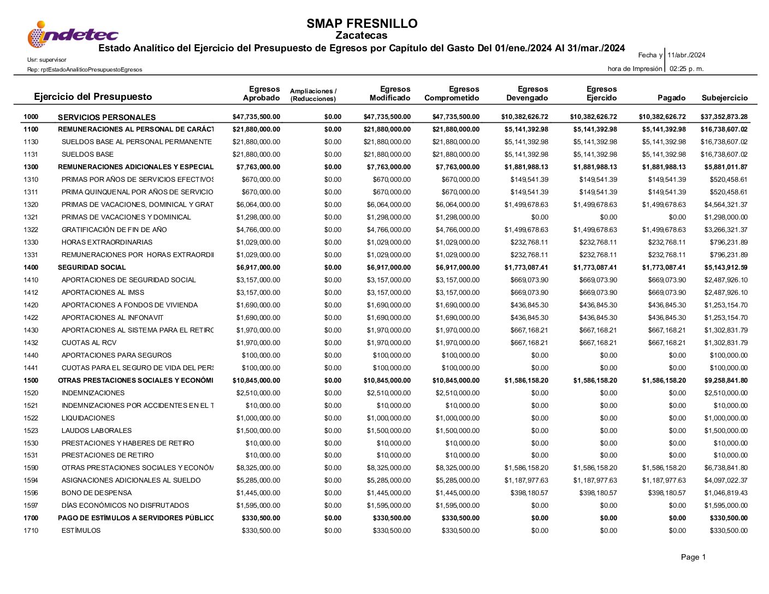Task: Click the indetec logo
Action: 73,34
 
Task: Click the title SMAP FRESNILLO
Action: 362,23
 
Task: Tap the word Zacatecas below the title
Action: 361,35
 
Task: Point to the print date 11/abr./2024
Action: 686,55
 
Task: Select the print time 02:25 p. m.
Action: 687,69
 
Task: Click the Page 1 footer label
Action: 693,557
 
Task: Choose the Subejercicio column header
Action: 724,98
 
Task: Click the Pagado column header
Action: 671,98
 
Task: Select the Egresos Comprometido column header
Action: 452,93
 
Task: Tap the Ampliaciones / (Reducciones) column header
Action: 313,95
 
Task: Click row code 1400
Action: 31,268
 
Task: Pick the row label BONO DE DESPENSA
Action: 97,493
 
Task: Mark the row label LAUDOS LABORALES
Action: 97,431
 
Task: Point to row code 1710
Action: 31,531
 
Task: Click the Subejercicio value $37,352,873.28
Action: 724,117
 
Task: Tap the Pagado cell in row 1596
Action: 667,493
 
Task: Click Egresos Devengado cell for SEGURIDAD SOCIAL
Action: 526,268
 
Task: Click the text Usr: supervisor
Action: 47,60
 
